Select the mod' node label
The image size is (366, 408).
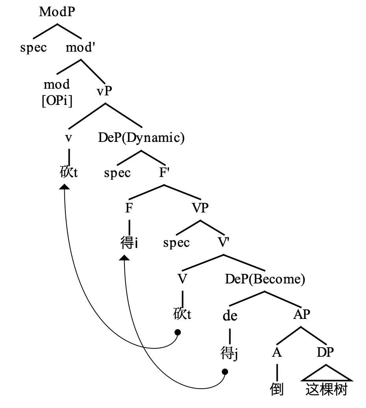click(80, 48)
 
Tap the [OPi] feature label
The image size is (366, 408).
click(57, 100)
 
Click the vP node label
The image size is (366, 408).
click(104, 91)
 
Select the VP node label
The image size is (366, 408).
click(200, 208)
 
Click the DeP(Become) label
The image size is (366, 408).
click(265, 279)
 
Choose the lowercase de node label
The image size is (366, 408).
click(230, 316)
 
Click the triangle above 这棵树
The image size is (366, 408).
click(327, 374)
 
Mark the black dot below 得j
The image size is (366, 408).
click(225, 371)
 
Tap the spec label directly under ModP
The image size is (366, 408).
click(33, 48)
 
